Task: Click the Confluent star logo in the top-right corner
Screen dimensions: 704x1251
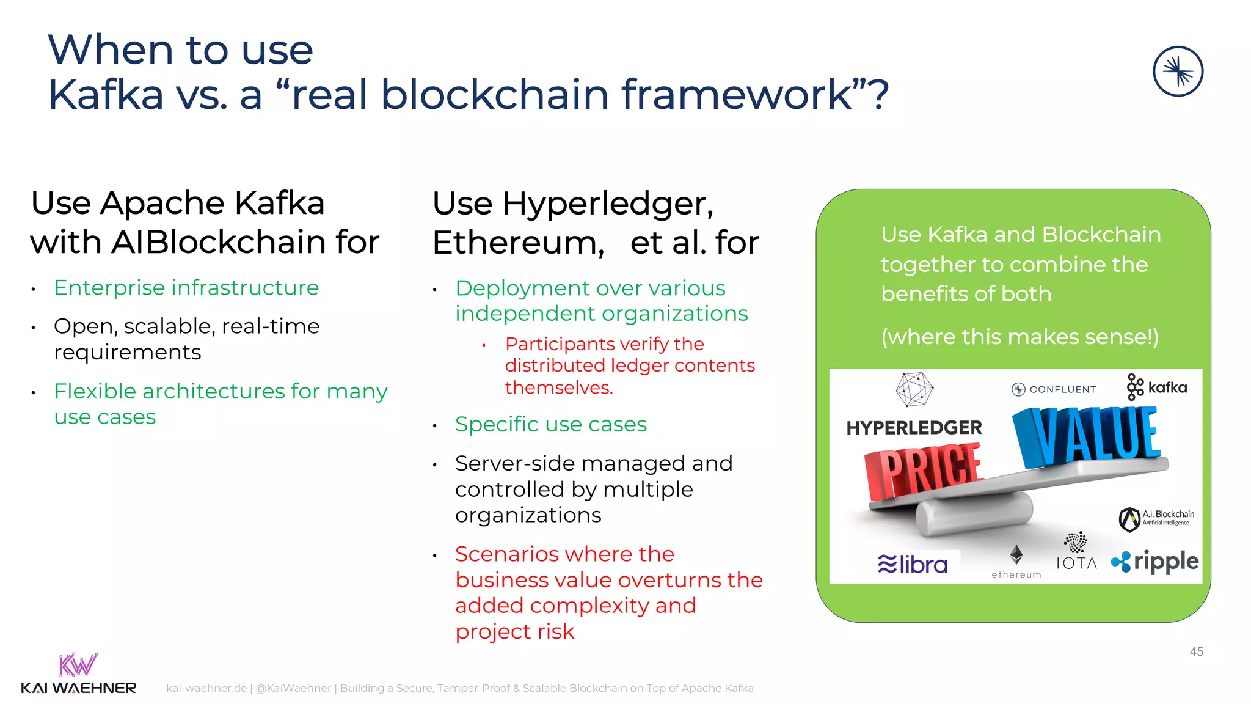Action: tap(1178, 71)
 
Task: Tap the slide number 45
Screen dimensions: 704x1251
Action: tap(1196, 651)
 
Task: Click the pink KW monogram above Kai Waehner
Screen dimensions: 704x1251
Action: tap(78, 664)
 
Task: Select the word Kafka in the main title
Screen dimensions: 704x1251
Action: tap(106, 95)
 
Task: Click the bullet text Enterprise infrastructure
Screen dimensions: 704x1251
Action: tap(186, 287)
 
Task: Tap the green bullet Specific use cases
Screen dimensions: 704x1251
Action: tap(550, 424)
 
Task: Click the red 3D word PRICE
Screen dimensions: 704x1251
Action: tap(923, 471)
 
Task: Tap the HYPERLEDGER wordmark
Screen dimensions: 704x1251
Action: tap(914, 428)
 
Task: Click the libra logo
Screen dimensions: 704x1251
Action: tap(913, 564)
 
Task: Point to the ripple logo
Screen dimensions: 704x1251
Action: tap(1155, 562)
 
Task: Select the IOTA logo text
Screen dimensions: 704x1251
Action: tap(1076, 563)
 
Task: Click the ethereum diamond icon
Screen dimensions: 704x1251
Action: tap(1016, 554)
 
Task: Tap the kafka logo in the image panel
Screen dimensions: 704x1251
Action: tap(1157, 387)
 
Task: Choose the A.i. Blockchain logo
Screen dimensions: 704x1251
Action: tap(1156, 518)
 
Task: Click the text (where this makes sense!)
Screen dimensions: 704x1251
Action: tap(1019, 337)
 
